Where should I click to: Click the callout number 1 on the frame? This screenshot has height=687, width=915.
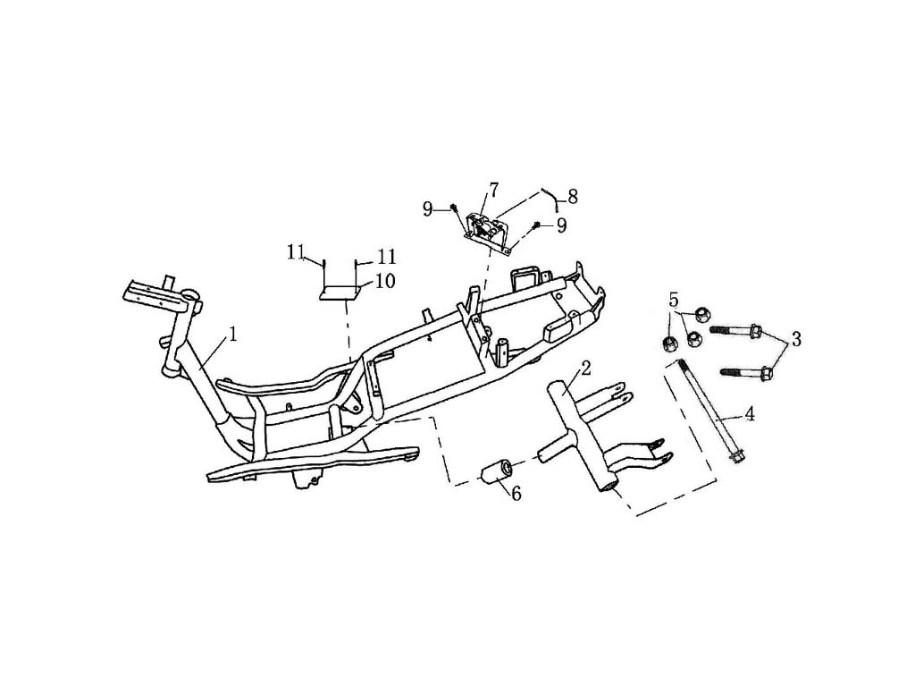(x=233, y=335)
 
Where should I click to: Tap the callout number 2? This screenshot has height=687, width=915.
(x=585, y=368)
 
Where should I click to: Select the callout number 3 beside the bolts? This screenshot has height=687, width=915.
(x=795, y=339)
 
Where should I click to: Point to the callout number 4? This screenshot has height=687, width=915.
(x=750, y=414)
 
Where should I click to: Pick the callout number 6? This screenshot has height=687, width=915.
(x=516, y=492)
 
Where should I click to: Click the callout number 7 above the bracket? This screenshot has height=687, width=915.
(x=493, y=189)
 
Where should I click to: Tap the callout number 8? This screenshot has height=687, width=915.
(x=572, y=196)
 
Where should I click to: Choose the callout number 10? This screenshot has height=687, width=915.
(x=385, y=281)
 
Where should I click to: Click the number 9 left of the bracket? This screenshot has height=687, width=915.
(x=428, y=209)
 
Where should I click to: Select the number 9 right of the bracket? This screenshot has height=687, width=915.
(x=561, y=225)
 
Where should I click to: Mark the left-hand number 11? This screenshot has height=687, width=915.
(x=296, y=252)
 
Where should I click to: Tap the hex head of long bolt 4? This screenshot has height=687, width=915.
(x=738, y=458)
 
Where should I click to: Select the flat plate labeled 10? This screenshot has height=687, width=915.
(x=339, y=292)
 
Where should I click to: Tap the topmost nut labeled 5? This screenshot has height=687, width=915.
(x=702, y=314)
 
